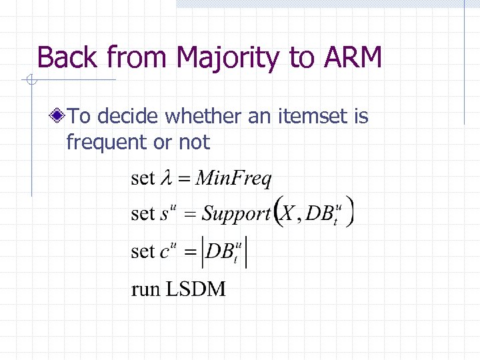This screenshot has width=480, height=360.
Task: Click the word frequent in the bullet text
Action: [x=106, y=142]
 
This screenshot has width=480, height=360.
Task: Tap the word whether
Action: [x=205, y=117]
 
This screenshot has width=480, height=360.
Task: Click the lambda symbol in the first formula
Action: [x=166, y=179]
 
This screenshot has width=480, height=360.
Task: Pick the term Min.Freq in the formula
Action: [x=235, y=179]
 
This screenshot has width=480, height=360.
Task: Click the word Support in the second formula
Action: [x=236, y=214]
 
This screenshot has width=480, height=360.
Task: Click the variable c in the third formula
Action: [x=165, y=253]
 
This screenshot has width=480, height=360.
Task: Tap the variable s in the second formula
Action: [x=164, y=215]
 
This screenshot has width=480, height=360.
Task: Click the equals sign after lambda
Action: [x=185, y=179]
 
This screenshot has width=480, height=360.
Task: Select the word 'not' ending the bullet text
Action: [x=194, y=142]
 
